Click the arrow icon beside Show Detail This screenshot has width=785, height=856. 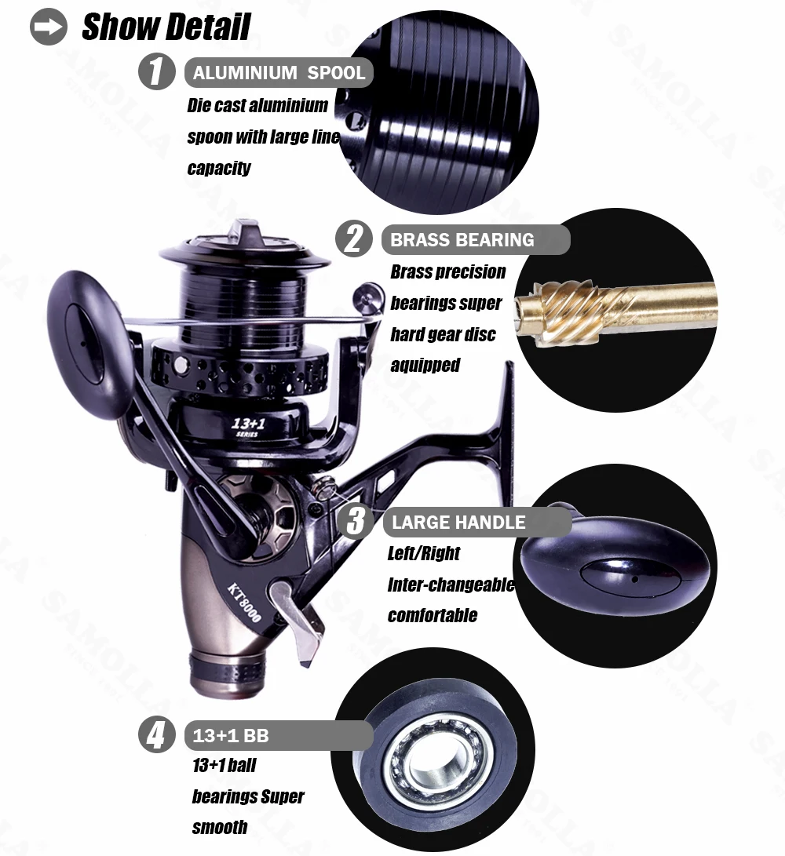tap(49, 26)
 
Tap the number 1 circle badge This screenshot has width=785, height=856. tap(157, 71)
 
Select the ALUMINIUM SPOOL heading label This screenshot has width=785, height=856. tap(279, 73)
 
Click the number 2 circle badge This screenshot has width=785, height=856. tap(354, 239)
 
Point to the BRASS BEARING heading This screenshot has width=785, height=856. tap(462, 239)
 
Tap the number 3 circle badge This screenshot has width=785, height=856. tap(356, 521)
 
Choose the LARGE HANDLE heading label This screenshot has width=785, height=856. tap(459, 523)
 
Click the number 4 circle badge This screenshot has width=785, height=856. tap(157, 735)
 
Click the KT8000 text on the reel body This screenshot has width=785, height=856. tap(244, 603)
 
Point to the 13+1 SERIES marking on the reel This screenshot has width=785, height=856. tap(248, 426)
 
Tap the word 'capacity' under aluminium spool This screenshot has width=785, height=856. tap(218, 168)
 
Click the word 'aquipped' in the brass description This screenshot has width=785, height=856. tap(425, 365)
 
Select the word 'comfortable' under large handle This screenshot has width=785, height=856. tap(432, 615)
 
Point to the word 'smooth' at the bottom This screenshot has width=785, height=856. tap(220, 827)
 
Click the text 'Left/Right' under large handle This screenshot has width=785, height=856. tap(424, 554)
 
